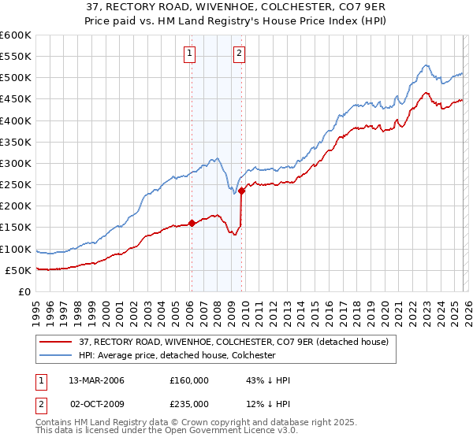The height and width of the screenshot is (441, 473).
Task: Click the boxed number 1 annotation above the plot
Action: point(191,54)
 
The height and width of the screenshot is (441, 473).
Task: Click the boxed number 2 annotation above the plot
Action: point(239,54)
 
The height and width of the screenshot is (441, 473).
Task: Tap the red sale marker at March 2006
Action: point(192,223)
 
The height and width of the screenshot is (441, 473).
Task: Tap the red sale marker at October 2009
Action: point(241,190)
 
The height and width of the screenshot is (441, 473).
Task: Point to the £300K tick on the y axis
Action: point(16,163)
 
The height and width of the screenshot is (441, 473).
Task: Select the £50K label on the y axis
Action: point(18,270)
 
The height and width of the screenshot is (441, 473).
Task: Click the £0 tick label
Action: point(24,291)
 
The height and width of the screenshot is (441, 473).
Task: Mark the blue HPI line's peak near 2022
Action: point(425,65)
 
